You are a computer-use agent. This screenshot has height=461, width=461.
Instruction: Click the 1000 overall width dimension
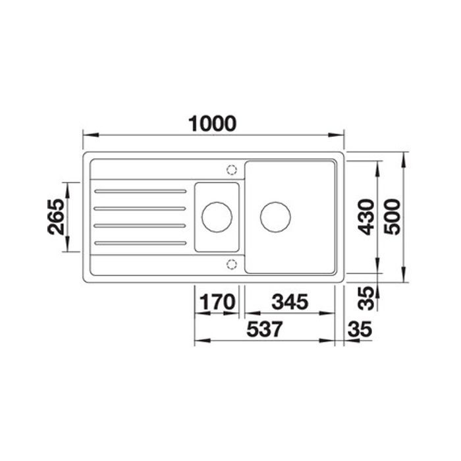tap(212, 123)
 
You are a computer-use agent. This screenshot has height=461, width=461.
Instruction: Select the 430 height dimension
tap(366, 217)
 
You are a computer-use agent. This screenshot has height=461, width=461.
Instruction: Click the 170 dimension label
tap(217, 303)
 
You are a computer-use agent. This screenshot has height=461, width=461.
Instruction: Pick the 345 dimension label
tap(290, 303)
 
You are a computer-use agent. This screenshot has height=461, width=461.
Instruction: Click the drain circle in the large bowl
tap(275, 217)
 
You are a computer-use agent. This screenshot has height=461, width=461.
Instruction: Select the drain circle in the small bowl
tap(217, 217)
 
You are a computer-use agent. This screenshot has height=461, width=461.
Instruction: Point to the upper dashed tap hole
tap(231, 169)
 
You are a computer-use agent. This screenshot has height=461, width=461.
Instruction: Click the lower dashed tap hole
tap(231, 264)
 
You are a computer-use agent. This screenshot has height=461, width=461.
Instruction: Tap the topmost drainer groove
tap(140, 191)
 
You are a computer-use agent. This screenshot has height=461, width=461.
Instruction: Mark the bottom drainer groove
tap(140, 244)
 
